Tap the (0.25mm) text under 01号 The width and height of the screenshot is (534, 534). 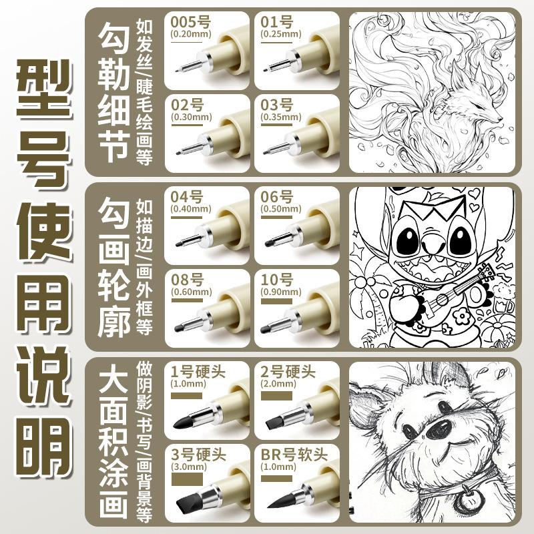point(279,33)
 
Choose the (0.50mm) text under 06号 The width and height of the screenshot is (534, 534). point(279,210)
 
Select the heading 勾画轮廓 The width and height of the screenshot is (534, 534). point(113,268)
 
